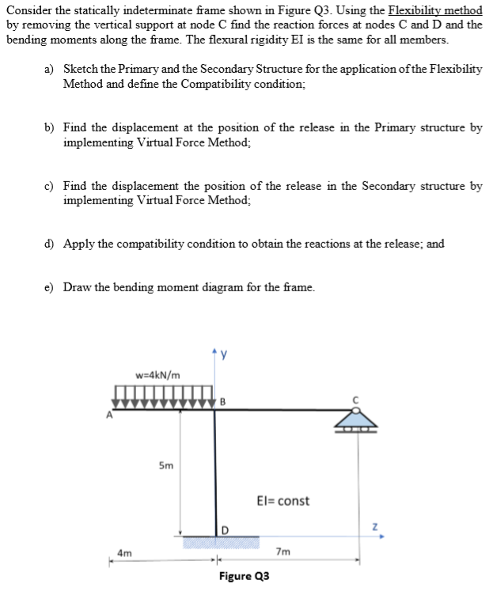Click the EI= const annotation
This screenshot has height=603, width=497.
(x=283, y=501)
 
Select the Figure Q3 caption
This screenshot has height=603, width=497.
(x=244, y=576)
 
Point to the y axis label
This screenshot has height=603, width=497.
(x=223, y=353)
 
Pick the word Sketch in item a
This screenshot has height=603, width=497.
(x=81, y=70)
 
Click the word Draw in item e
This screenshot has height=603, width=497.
(x=78, y=286)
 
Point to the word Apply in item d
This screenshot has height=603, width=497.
(x=79, y=244)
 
